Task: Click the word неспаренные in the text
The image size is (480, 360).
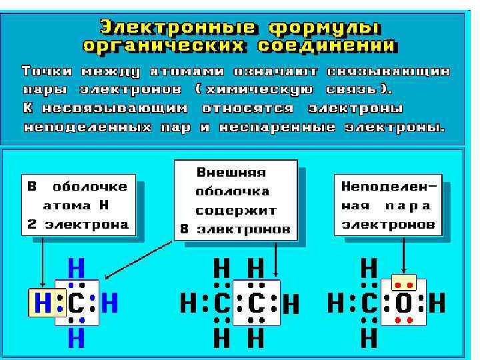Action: point(281,127)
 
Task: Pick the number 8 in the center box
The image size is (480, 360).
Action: point(184,229)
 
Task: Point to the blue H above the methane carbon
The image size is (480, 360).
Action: point(76,269)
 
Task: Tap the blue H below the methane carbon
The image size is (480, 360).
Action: point(76,339)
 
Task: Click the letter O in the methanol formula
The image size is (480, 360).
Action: point(404,304)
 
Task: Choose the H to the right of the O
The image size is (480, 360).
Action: point(437,304)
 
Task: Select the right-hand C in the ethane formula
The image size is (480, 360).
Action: point(256,304)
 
